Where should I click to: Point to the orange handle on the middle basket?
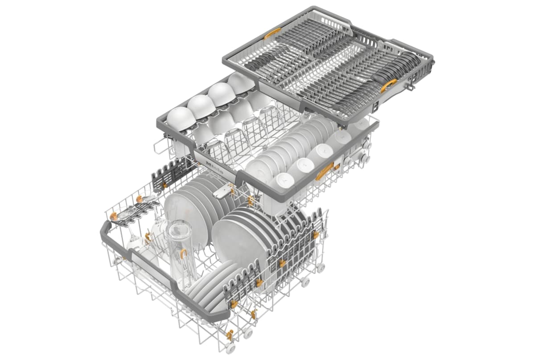324,171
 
